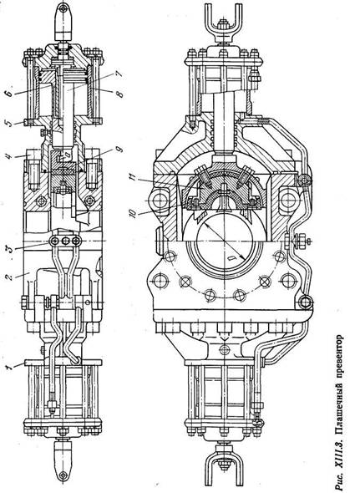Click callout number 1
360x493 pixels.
10,367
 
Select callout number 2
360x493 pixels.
10,277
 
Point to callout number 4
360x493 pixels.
10,155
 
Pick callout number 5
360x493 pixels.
10,122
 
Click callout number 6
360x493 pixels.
10,92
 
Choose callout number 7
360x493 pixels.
119,74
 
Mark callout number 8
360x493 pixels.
119,94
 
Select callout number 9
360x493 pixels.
119,149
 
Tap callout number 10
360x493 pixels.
133,213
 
